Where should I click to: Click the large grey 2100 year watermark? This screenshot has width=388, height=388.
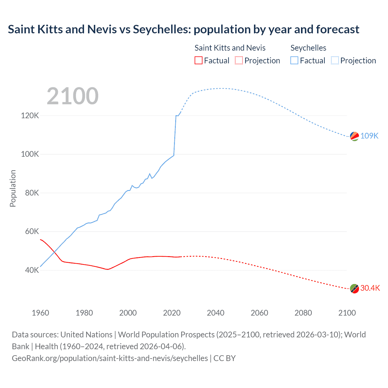tap(72, 96)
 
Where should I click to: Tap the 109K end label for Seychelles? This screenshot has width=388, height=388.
tap(369, 136)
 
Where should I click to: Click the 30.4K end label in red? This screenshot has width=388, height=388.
tap(370, 288)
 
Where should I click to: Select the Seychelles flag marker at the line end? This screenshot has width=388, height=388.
tap(354, 136)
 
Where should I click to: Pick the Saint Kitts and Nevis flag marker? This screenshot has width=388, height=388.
tap(354, 289)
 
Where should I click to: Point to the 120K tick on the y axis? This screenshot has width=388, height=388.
tap(30, 115)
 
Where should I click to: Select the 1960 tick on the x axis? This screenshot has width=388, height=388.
tap(40, 313)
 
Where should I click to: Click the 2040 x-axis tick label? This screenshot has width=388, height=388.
tap(216, 313)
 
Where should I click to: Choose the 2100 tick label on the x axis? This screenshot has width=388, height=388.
tap(347, 313)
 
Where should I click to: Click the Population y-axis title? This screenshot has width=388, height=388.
tap(13, 188)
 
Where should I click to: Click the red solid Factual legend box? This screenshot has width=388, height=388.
tap(198, 61)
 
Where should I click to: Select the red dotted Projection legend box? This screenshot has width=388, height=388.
tap(239, 61)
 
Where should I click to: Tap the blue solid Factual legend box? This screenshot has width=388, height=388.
tap(294, 61)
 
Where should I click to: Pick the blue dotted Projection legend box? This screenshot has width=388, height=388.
tap(335, 61)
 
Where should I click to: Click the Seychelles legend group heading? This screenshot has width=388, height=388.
tap(308, 48)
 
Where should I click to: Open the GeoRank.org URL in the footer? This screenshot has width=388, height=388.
tap(110, 358)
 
